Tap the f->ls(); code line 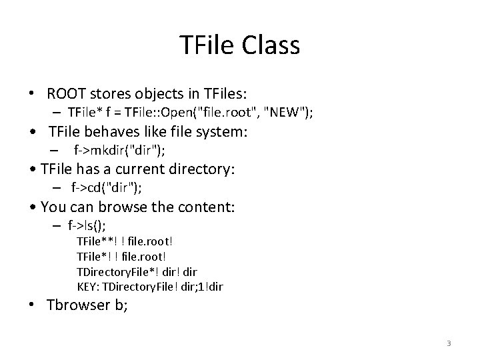(87, 225)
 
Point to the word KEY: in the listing (88, 287)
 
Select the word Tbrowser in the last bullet (79, 306)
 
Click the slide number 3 (449, 343)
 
